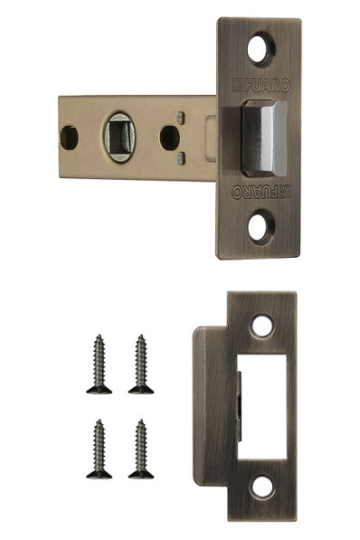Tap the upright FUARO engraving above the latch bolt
coord(261,85)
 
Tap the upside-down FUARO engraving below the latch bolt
coord(261,192)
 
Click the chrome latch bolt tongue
coord(264,138)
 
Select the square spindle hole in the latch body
coord(119,137)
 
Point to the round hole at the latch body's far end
coord(69,137)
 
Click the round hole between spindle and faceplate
coord(170,137)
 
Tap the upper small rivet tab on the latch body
coord(181,118)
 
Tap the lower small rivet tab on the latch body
coord(181,158)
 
